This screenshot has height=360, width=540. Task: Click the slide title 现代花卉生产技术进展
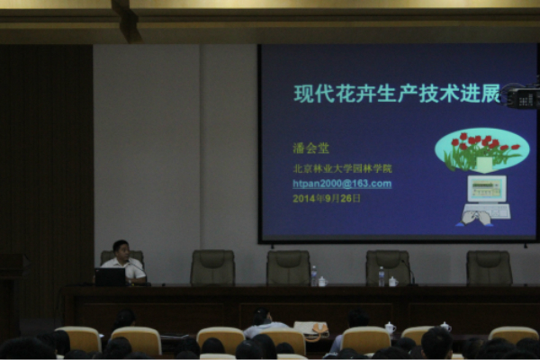[397, 93]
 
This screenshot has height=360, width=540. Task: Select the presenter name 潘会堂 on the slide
[311, 148]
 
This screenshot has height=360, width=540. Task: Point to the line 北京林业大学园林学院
[342, 168]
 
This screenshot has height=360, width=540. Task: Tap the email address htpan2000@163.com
[342, 184]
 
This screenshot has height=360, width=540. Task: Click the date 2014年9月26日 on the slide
[327, 198]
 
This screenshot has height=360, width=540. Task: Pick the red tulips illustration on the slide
[482, 151]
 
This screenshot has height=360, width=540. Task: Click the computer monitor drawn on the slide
[487, 189]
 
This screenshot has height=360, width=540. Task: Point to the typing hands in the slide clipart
[477, 219]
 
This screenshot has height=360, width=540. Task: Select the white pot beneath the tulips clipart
[484, 165]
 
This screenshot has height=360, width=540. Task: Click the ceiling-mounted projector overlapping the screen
[522, 95]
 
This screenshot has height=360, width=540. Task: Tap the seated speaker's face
[121, 251]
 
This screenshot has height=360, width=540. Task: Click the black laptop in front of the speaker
[110, 277]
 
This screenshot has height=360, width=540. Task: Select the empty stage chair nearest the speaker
[212, 267]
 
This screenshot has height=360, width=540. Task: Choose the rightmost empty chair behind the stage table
[489, 268]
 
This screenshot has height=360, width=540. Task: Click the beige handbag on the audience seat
[311, 329]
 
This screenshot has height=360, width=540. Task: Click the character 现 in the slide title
[303, 94]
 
